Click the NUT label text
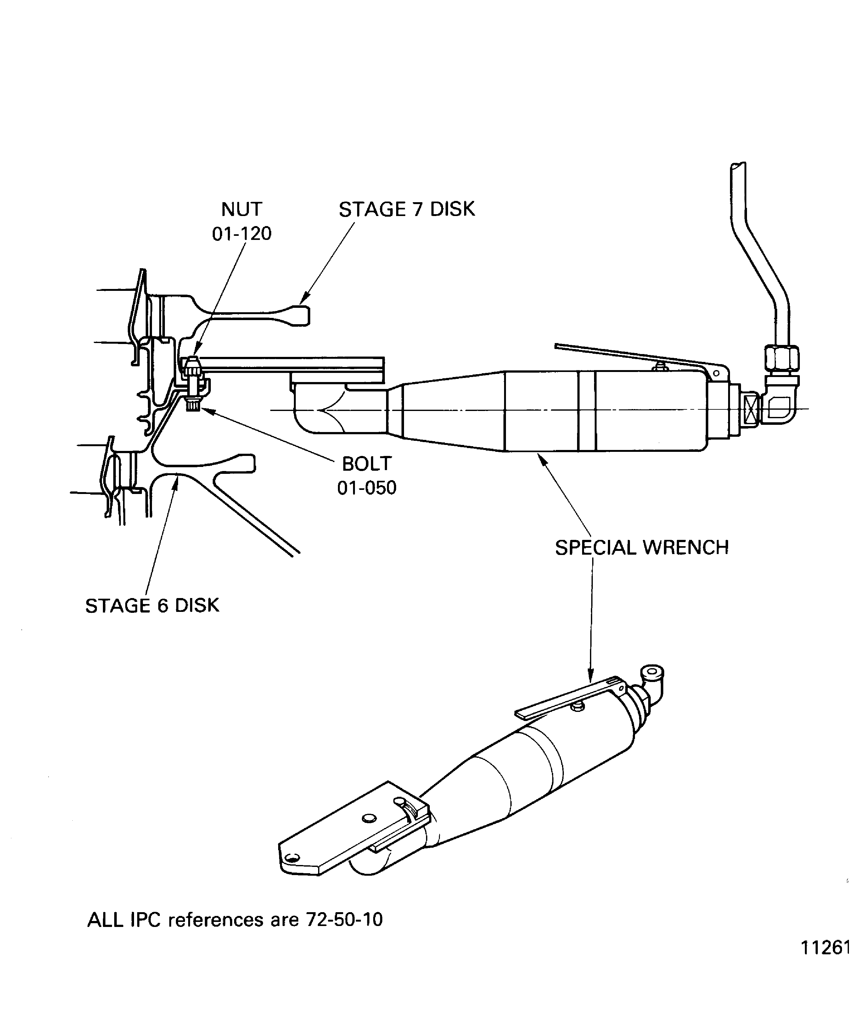point(242,209)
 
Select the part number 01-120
point(242,234)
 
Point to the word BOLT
point(367,464)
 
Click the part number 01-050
point(367,488)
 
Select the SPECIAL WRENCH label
point(642,548)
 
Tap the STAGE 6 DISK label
point(152,606)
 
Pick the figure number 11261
point(825,962)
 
